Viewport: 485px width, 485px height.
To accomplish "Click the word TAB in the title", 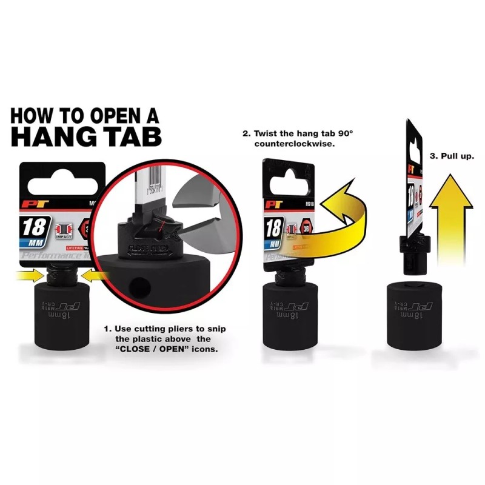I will [x=130, y=136].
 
